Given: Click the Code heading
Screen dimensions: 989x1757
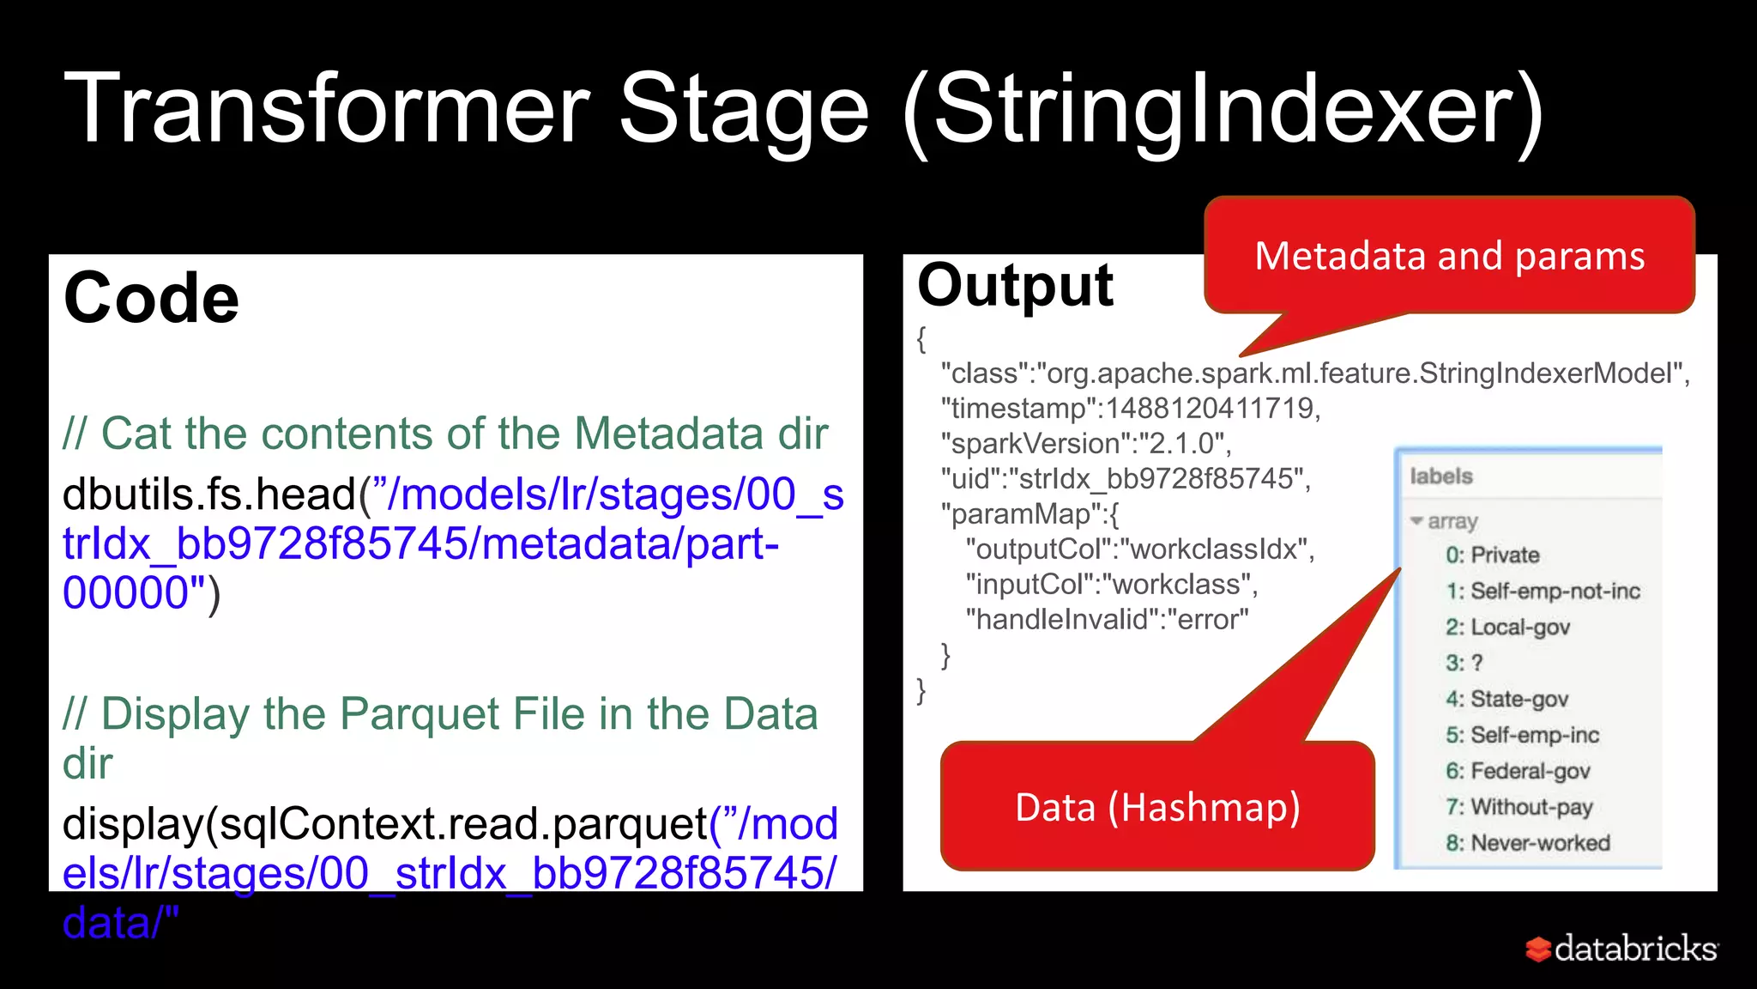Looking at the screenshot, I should click(151, 298).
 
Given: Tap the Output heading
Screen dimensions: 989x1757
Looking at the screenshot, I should click(1015, 285).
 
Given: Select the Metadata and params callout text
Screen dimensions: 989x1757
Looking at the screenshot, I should click(1449, 256).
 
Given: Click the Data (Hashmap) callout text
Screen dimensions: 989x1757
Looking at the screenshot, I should click(1157, 808).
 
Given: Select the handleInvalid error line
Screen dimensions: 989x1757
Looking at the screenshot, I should click(1107, 619).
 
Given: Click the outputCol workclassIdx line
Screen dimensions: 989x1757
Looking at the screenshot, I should click(1139, 549).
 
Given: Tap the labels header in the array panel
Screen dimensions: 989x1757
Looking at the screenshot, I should click(1441, 476).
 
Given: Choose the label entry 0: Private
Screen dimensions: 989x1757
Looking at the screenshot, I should click(1492, 555).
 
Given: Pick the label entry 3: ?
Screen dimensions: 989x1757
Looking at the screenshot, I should click(1464, 663).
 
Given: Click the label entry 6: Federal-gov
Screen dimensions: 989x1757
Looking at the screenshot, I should click(1518, 771).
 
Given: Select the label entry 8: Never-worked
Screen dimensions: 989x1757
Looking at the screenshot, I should click(1527, 843).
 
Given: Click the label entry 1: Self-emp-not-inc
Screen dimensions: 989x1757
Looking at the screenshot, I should click(1543, 591).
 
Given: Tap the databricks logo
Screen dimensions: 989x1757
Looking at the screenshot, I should click(1621, 949).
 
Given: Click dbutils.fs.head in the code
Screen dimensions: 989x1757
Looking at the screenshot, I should click(209, 494).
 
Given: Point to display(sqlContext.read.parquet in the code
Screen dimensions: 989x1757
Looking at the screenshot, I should click(384, 823).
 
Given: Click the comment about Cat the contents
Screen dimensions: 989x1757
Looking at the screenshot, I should click(445, 434).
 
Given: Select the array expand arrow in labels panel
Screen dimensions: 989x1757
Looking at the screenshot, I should click(1416, 521).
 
